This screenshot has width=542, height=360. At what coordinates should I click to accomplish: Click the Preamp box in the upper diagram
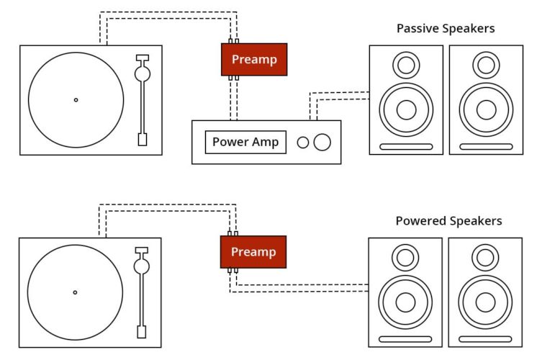tap(253, 59)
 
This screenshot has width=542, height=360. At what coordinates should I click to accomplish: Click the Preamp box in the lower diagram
tap(253, 252)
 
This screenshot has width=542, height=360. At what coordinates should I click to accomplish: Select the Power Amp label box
tap(245, 142)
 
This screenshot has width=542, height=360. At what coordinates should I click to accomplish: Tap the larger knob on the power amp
tap(322, 142)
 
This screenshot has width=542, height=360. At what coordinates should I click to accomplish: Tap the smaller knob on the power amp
tap(303, 142)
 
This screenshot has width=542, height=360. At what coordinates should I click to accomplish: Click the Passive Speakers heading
tap(445, 29)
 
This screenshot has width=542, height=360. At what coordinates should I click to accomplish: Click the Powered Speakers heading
tap(448, 221)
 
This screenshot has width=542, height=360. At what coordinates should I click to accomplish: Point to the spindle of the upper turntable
tap(76, 99)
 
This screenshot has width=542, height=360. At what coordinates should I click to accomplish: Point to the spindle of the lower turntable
tap(75, 292)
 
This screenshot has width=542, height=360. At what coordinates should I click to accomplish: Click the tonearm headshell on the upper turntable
tap(142, 139)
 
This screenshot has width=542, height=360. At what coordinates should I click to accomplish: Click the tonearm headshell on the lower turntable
tap(142, 332)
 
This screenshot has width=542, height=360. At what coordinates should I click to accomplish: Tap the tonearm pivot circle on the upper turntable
tap(143, 73)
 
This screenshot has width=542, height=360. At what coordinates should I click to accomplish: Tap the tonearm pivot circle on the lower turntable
tap(142, 266)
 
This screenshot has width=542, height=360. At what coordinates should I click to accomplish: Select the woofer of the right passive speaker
tap(486, 109)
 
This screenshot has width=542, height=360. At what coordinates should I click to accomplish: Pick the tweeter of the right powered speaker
tap(485, 258)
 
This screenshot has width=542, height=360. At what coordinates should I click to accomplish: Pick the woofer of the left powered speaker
tap(405, 302)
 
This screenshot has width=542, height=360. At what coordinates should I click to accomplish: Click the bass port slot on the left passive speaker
tap(406, 147)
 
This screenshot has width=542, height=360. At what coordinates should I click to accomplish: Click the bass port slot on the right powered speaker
tap(485, 339)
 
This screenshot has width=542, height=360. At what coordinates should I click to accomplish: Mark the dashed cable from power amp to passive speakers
tap(338, 93)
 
